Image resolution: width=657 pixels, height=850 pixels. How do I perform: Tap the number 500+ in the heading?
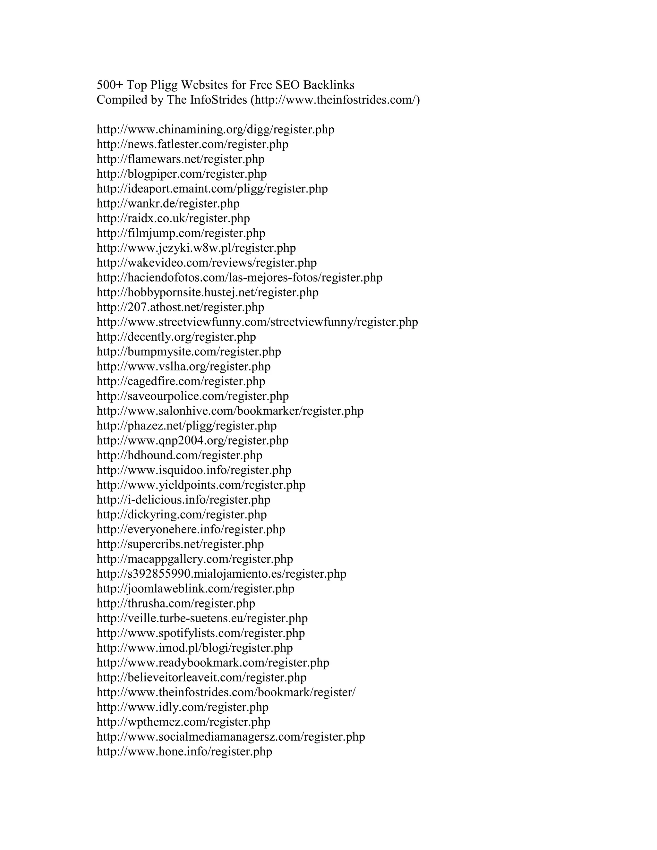point(110,85)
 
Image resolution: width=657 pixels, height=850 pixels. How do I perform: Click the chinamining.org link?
point(215,130)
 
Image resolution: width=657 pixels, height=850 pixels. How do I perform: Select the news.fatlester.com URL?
point(192,144)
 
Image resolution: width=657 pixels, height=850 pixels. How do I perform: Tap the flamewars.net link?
point(180,159)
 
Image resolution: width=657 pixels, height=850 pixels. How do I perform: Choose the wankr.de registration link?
point(168,204)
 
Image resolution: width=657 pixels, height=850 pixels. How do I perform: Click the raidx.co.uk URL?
point(173,218)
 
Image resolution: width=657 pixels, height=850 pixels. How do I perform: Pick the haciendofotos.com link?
point(239,278)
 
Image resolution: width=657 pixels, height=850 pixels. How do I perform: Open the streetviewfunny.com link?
point(257,322)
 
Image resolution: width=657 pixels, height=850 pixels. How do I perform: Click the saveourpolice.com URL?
point(193,396)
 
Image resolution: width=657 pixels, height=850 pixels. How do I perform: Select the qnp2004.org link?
point(192,441)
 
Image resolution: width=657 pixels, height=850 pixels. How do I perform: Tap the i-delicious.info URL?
point(183,500)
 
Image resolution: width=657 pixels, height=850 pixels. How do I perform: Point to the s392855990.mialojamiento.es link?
point(221,574)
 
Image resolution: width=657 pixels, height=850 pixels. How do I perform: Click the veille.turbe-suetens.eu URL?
point(202,618)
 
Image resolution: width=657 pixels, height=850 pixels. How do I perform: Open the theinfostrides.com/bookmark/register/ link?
point(226,693)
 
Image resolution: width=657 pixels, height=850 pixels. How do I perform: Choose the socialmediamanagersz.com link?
point(230,737)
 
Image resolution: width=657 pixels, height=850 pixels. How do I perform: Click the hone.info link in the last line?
point(184,752)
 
